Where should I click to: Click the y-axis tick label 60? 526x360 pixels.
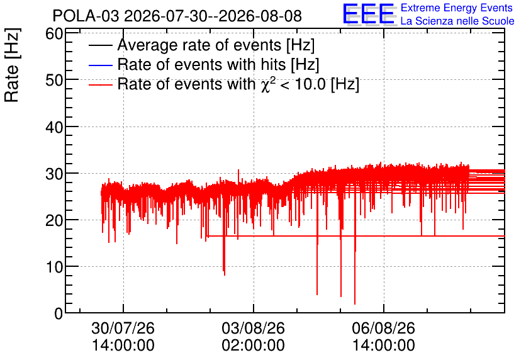point(54,34)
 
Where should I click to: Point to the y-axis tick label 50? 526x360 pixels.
point(54,81)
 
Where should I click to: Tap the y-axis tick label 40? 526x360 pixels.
point(54,127)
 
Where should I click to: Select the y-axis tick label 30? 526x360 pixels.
point(54,174)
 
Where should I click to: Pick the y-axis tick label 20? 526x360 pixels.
point(54,220)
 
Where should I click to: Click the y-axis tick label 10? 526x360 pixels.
point(54,267)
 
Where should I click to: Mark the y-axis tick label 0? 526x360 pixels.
point(59,313)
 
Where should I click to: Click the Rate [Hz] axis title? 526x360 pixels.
point(12,65)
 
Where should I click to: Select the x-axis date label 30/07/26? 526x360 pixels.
point(123,328)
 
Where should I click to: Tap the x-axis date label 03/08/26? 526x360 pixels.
point(254,328)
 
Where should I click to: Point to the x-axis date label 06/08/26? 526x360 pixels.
point(383,328)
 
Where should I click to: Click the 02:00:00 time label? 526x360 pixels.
point(254,345)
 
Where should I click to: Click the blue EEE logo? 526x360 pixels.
point(369,14)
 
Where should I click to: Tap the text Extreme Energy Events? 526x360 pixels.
point(457,8)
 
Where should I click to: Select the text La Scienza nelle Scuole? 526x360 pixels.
point(457,21)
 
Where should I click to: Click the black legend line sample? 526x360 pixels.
point(100,45)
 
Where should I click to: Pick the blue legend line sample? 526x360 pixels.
point(100,65)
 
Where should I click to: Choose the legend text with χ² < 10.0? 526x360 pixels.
point(238,84)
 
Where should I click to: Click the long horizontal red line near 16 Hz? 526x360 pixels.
point(356,236)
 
